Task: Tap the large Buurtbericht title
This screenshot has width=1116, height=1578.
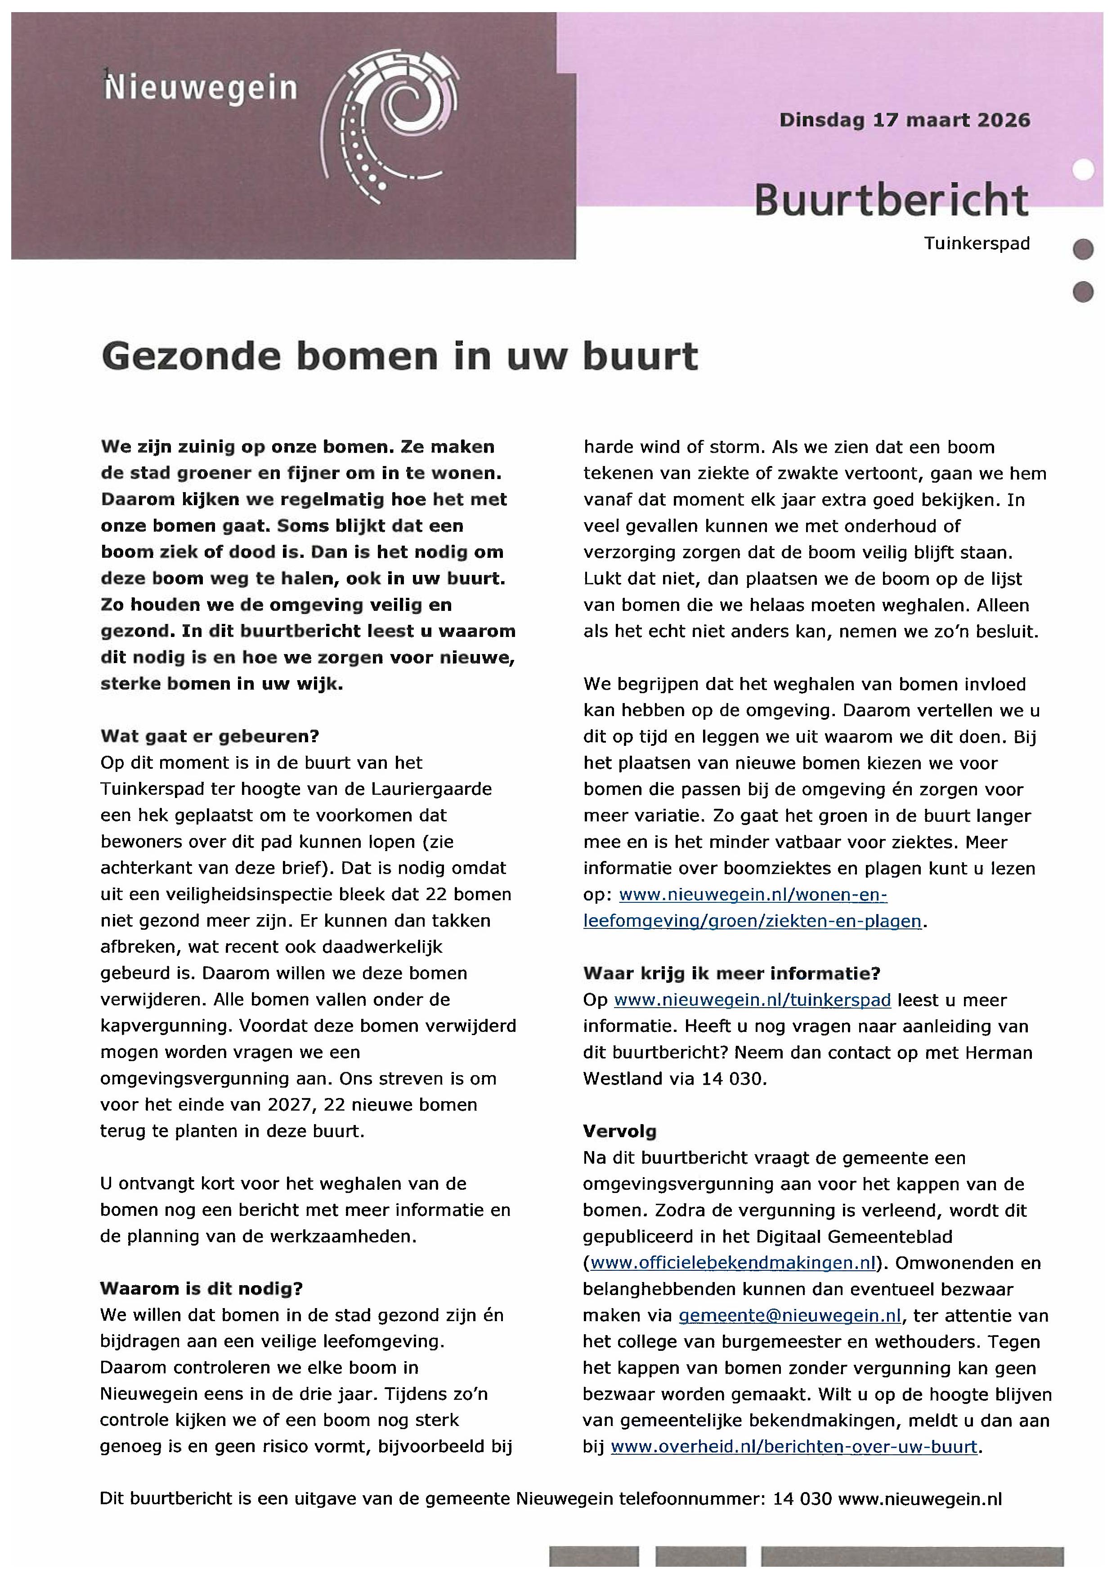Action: (x=891, y=200)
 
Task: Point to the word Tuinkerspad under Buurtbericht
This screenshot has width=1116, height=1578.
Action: (x=977, y=243)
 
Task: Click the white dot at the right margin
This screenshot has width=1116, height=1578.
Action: (x=1083, y=169)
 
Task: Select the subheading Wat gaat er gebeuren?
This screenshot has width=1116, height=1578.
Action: (x=210, y=736)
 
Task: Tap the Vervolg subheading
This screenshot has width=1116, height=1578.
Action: (x=619, y=1131)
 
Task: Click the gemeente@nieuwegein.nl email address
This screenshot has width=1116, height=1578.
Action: (x=789, y=1315)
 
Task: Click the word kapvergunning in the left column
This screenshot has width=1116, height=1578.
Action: (x=164, y=1026)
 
